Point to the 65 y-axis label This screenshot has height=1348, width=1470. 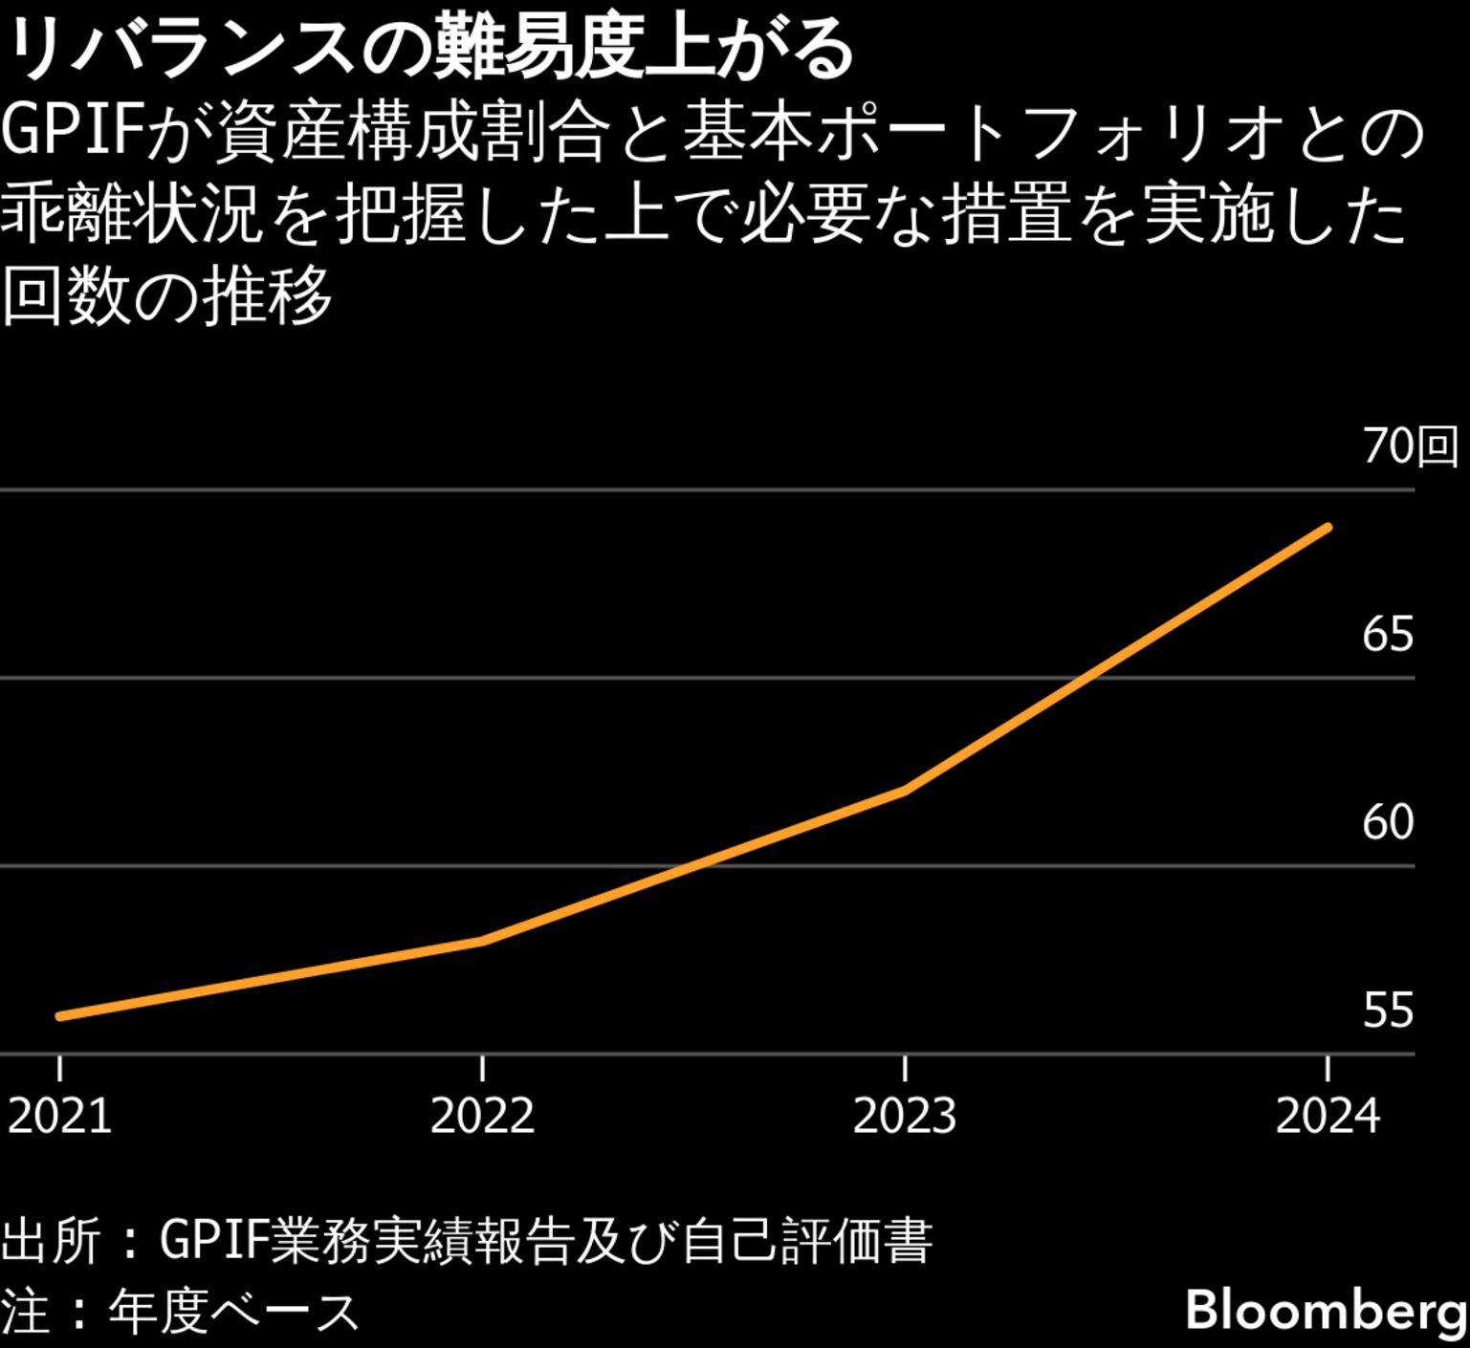coord(1388,634)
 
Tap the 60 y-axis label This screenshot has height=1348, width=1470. coord(1388,822)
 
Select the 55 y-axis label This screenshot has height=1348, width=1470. coord(1388,1011)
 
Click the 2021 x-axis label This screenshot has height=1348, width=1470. coord(59,1116)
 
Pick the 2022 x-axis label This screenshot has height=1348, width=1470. coord(482,1116)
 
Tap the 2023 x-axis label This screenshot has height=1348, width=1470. coord(905,1116)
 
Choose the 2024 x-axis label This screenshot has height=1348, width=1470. coord(1327,1116)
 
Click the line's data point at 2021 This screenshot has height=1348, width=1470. coord(60,1016)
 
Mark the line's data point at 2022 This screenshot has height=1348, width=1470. coord(483,941)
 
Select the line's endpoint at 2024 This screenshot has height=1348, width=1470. coord(1327,527)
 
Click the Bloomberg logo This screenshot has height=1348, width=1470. coord(1326,1310)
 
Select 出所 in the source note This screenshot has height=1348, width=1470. coord(51,1242)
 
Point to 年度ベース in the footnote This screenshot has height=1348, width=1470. coord(233,1312)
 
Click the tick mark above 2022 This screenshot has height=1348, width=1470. coord(483,1067)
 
